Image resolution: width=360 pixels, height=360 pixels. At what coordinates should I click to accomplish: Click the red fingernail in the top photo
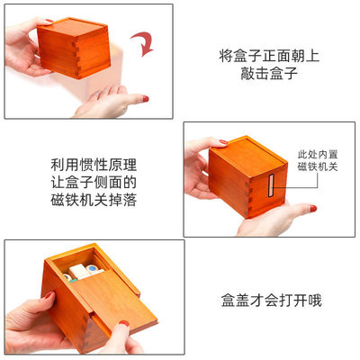pos(143,98)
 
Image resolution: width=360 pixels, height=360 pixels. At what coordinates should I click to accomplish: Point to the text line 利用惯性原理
pos(93,165)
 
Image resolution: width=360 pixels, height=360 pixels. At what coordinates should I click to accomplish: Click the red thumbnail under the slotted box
pos(311,209)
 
